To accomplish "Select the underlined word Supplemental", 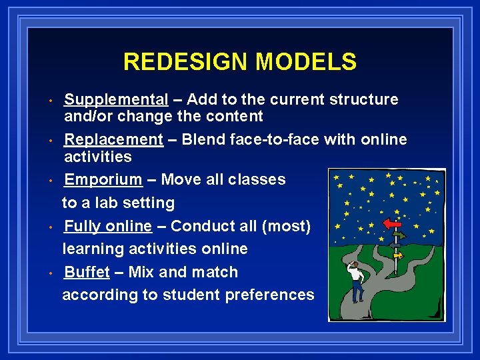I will (x=115, y=100).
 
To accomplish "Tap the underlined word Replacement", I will (x=113, y=140).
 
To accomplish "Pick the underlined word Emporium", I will (x=103, y=180).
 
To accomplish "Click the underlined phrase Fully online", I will (x=107, y=227).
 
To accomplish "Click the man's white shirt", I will (x=356, y=273).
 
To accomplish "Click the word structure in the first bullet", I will (x=365, y=100).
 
